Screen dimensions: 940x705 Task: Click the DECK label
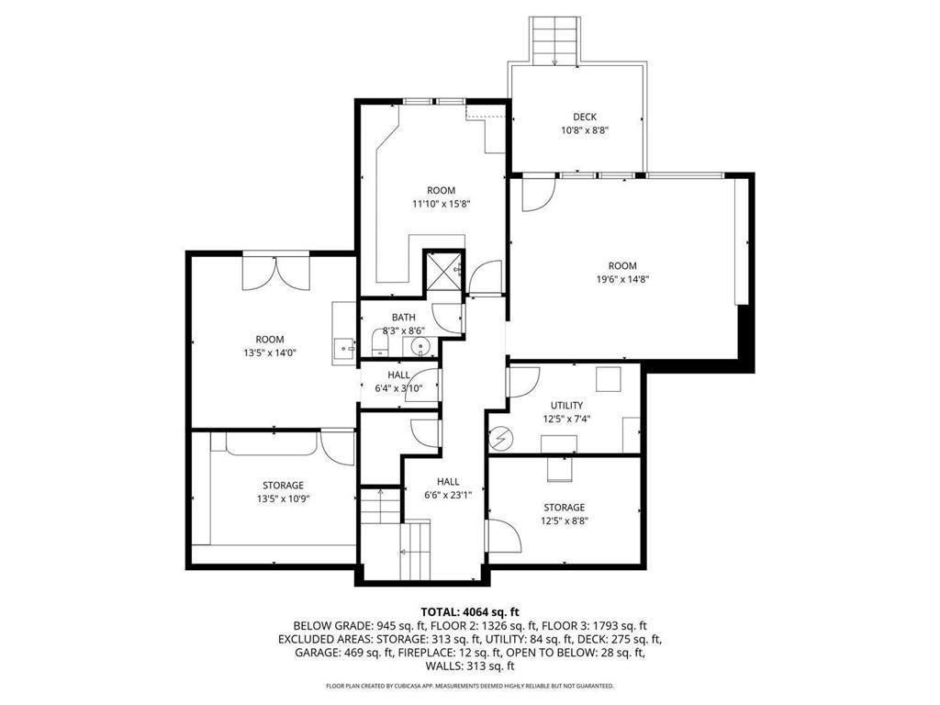click(x=585, y=117)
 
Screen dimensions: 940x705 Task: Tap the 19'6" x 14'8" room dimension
click(x=623, y=279)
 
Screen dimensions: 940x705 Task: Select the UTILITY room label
click(x=566, y=406)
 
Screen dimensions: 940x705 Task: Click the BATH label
click(x=404, y=317)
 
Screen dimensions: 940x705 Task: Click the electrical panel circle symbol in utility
click(x=500, y=440)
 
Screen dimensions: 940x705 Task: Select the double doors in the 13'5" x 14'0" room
click(x=275, y=272)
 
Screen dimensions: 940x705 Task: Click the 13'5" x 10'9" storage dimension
click(x=284, y=498)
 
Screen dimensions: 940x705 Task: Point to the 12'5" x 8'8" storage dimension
click(x=565, y=521)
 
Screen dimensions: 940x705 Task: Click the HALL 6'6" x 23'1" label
click(x=448, y=488)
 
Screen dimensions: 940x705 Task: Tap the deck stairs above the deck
click(x=554, y=40)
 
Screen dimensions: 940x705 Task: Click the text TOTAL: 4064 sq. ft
click(x=470, y=612)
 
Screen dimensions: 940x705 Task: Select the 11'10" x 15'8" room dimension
click(x=442, y=204)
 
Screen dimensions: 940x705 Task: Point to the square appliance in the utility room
click(x=609, y=379)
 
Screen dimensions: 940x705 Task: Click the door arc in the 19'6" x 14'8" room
click(x=538, y=195)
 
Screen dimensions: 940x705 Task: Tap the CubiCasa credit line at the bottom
click(x=470, y=685)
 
